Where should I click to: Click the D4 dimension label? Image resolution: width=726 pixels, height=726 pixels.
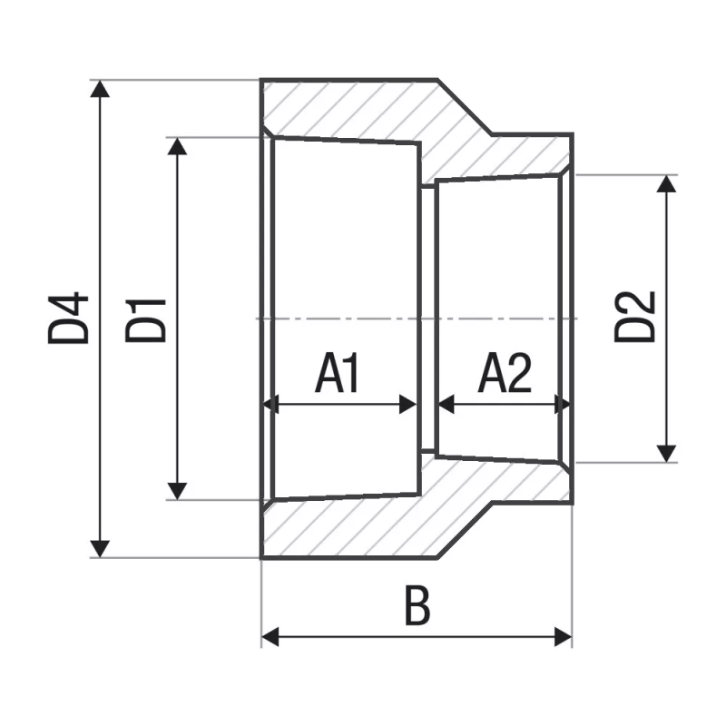coord(69,318)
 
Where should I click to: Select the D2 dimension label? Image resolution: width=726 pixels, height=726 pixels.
coord(634,316)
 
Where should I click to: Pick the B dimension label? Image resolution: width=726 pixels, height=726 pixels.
coord(417,608)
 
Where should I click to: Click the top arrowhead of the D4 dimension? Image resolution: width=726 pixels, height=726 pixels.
coord(101,89)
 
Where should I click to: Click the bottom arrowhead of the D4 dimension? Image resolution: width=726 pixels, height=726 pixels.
coord(101,548)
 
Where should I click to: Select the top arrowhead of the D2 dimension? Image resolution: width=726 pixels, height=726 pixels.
coord(667,183)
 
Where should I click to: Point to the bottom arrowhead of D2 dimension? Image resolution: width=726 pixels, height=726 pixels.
coord(667,452)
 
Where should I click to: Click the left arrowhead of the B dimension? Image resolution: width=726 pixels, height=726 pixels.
coord(270,637)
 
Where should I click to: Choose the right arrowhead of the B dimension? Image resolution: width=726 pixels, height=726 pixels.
coord(564,637)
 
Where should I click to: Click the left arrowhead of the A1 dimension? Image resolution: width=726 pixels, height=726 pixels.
coord(270,405)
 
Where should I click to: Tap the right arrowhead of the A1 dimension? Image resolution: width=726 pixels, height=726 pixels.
coord(409,405)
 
